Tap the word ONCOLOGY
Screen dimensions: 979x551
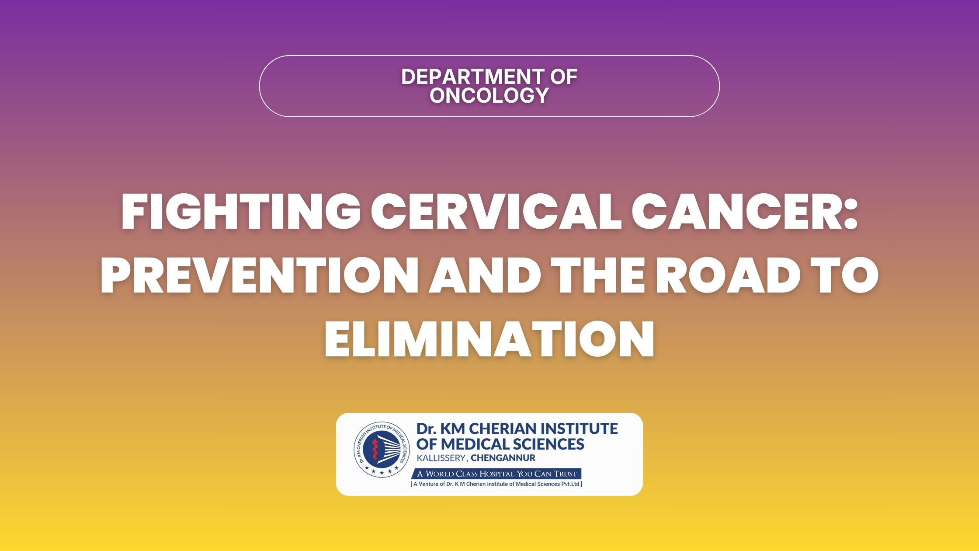point(489,95)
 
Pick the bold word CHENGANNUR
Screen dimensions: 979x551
point(503,458)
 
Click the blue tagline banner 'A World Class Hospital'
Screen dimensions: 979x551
point(496,474)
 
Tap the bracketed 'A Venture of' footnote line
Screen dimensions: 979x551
point(496,484)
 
